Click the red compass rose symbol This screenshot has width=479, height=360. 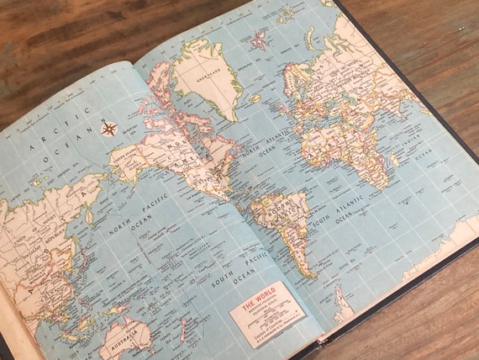point(108,129)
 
